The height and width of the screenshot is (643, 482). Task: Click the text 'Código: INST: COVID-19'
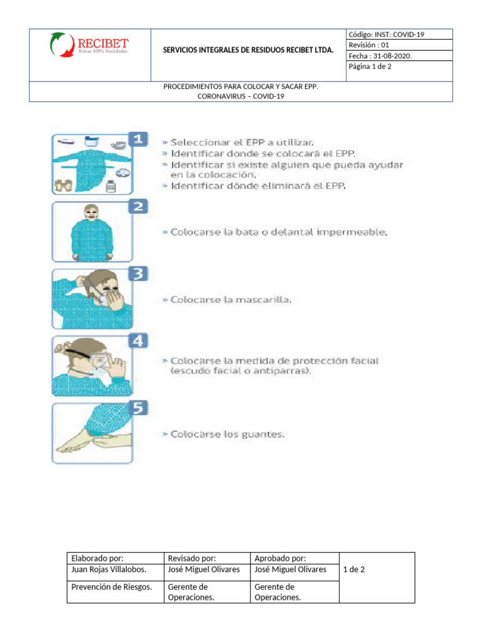pos(386,35)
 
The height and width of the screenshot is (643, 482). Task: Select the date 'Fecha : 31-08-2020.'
pos(381,56)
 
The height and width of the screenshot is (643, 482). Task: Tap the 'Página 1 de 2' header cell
pos(370,67)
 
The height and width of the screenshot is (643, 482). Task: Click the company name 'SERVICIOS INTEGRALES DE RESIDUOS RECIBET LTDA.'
pos(248,49)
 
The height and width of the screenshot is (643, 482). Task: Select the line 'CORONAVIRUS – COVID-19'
pos(241,97)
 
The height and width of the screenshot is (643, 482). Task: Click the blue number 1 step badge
pos(139,139)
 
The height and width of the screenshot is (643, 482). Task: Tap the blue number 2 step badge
pos(139,206)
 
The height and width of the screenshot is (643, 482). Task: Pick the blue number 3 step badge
pos(139,273)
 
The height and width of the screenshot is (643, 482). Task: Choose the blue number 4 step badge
pos(139,341)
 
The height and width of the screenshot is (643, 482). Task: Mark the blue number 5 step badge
pos(139,408)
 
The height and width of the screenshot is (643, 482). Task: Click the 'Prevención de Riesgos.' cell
pos(112,587)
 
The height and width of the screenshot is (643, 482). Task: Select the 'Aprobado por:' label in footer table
pos(281,558)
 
